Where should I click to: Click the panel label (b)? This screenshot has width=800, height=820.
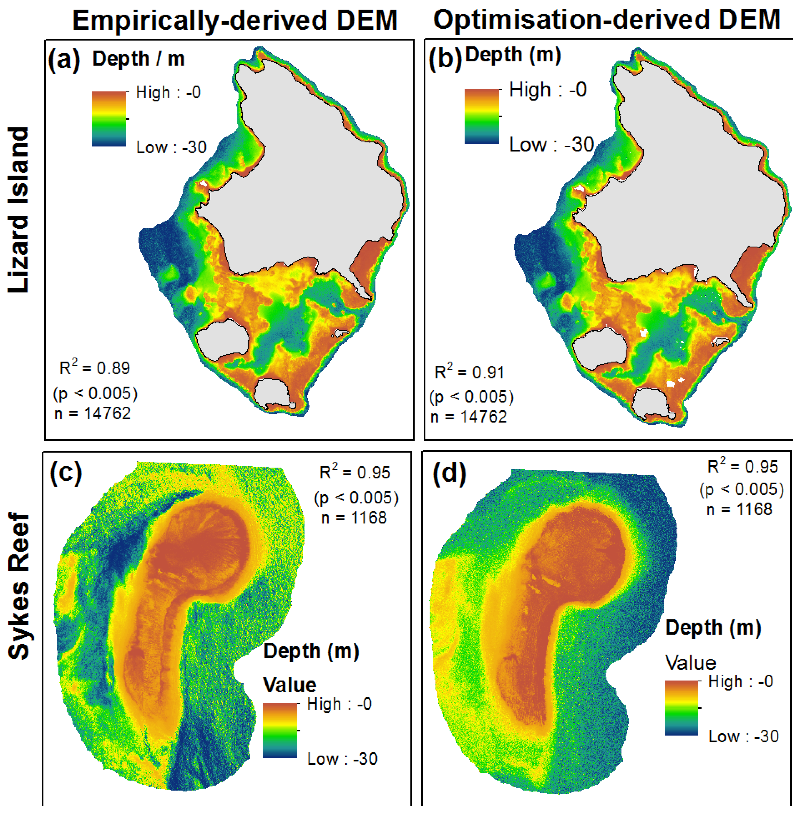click(x=445, y=58)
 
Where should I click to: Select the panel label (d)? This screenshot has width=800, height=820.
click(x=449, y=473)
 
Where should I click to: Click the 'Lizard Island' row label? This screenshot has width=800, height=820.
click(x=19, y=210)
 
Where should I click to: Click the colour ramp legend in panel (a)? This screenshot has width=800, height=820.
click(x=109, y=119)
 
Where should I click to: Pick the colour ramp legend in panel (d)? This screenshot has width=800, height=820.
click(x=681, y=708)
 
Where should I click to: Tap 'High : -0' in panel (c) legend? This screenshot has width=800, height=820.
click(x=339, y=704)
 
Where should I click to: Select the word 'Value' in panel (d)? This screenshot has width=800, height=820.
click(x=690, y=663)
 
